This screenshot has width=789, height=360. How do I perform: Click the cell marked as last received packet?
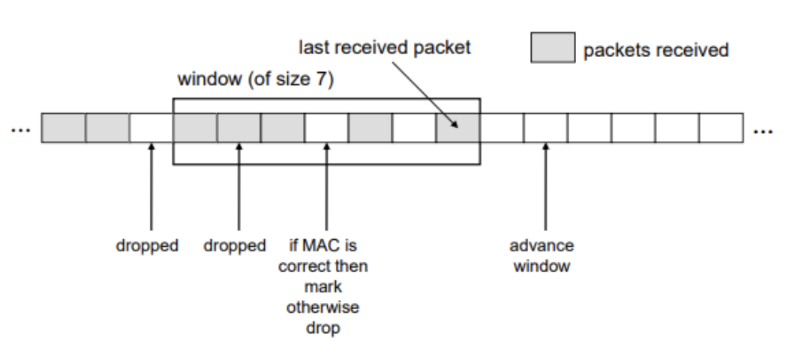457,128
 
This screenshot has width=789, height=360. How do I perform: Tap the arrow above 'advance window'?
545,187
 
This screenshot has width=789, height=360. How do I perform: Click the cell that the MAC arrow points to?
326,128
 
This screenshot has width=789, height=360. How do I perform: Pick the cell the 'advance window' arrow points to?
545,128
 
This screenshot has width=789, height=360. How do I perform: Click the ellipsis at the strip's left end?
19,129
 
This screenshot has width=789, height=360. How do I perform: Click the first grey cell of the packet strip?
63,128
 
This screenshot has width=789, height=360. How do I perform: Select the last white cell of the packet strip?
721,128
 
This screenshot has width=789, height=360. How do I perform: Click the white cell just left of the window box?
151,128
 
